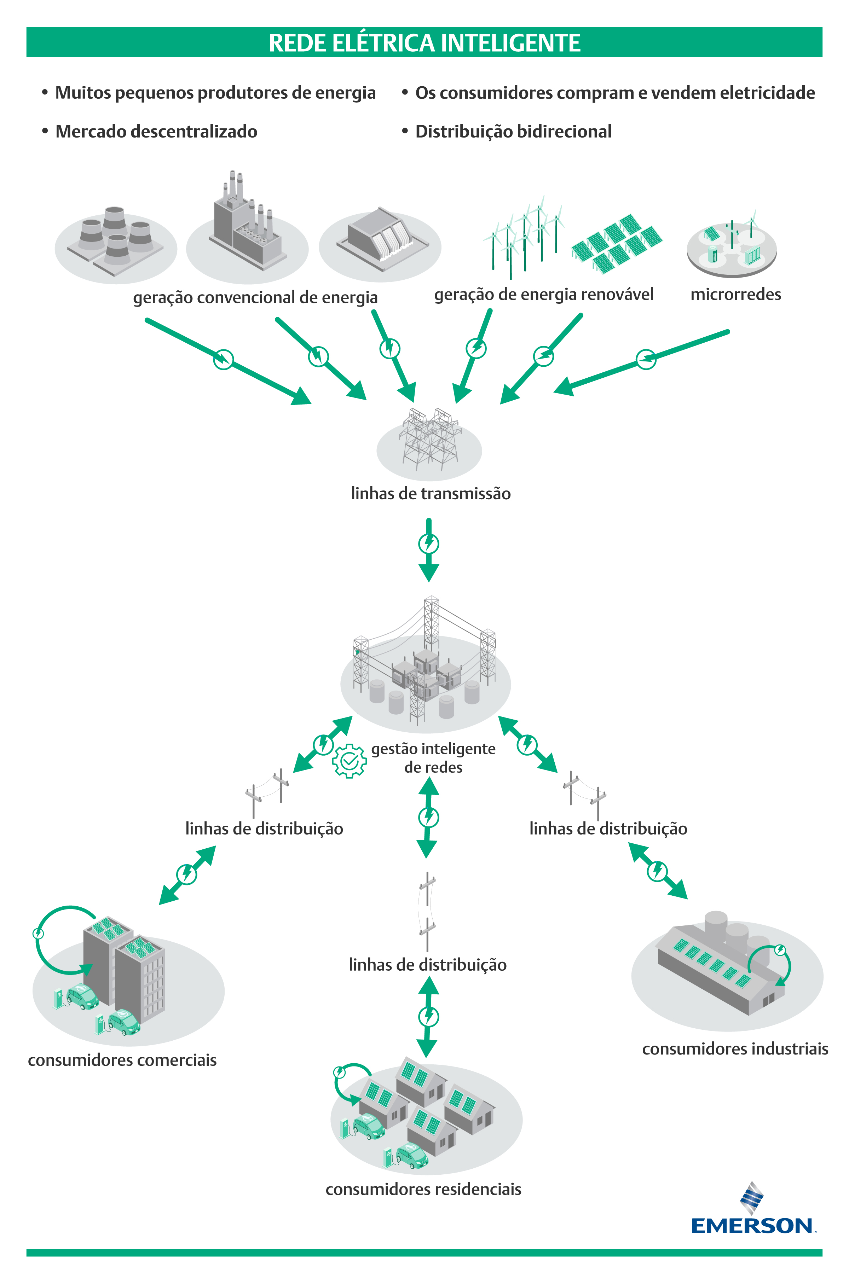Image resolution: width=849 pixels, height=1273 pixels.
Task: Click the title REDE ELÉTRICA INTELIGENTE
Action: (424, 43)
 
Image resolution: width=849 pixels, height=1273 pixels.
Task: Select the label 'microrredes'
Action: (735, 295)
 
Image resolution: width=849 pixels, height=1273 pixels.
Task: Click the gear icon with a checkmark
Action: (349, 761)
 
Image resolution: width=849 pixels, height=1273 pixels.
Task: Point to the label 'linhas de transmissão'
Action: (431, 494)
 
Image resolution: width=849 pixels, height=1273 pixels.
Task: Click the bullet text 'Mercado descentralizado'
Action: (156, 132)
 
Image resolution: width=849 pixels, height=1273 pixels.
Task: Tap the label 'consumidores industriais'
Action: (735, 1049)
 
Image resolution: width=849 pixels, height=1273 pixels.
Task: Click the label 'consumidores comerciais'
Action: (122, 1060)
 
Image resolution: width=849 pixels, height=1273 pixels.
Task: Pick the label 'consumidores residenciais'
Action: (423, 1189)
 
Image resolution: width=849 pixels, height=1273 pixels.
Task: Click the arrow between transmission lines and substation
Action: (429, 550)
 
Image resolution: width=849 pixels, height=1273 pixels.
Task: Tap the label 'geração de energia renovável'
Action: (544, 295)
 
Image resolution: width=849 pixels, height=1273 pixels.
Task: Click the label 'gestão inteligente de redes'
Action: (433, 758)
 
